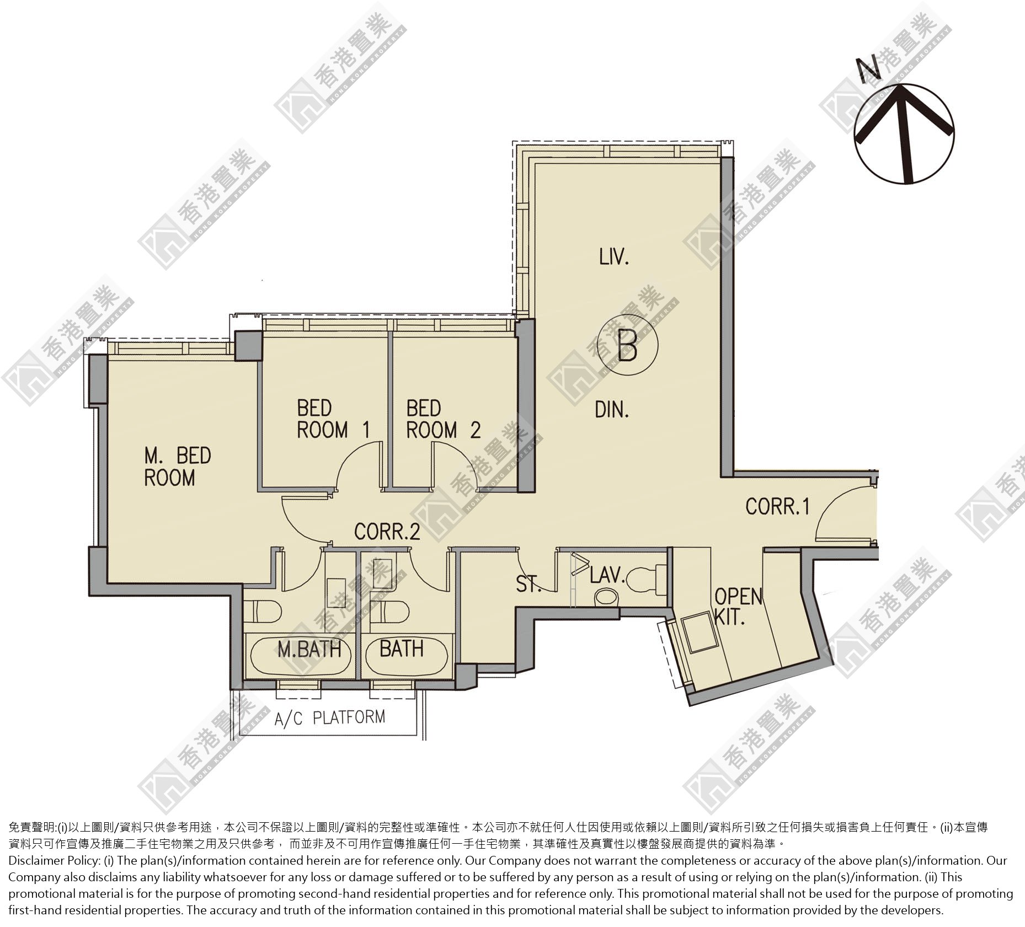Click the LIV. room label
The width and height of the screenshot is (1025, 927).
(614, 256)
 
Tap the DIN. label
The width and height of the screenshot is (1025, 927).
(612, 409)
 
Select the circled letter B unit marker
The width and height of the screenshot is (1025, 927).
(628, 345)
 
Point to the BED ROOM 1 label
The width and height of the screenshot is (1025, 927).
(333, 419)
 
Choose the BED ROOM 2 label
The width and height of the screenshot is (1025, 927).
(444, 419)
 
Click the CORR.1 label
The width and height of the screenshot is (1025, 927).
(777, 506)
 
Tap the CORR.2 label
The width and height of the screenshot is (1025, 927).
(387, 531)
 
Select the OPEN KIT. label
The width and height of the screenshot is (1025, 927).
(738, 607)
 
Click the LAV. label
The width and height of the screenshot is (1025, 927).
(607, 576)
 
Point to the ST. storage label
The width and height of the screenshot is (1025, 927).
(528, 584)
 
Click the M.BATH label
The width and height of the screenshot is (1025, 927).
(309, 649)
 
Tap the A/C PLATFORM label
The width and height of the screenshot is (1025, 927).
(330, 717)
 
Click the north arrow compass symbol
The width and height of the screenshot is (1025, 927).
(904, 133)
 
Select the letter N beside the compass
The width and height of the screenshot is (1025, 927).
(869, 68)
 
